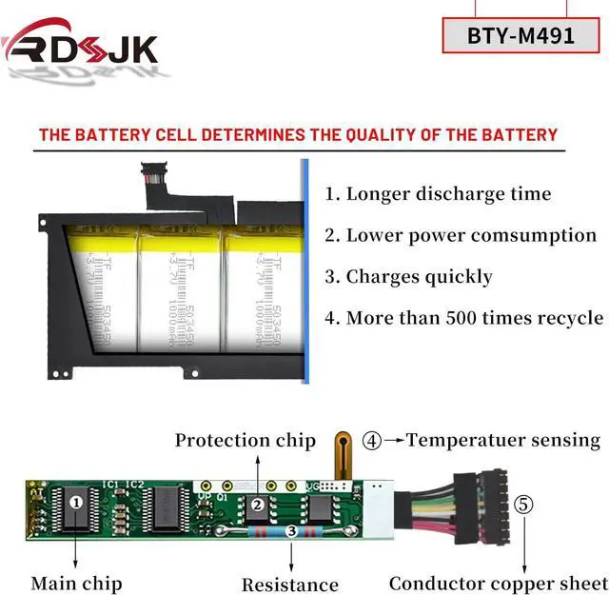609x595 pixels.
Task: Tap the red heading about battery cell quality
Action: (x=298, y=134)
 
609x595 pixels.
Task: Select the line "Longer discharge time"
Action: (x=439, y=194)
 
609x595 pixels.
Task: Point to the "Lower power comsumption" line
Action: (x=461, y=235)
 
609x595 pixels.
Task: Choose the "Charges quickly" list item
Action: (x=409, y=277)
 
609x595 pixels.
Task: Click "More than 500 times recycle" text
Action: (x=463, y=318)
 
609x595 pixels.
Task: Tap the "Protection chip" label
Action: (x=245, y=440)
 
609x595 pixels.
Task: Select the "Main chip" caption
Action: (x=76, y=582)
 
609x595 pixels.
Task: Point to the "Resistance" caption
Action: (x=289, y=585)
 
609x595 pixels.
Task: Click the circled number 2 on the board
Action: (x=257, y=505)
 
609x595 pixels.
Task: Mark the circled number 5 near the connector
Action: (x=524, y=505)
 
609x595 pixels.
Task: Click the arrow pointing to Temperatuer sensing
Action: (x=393, y=441)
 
